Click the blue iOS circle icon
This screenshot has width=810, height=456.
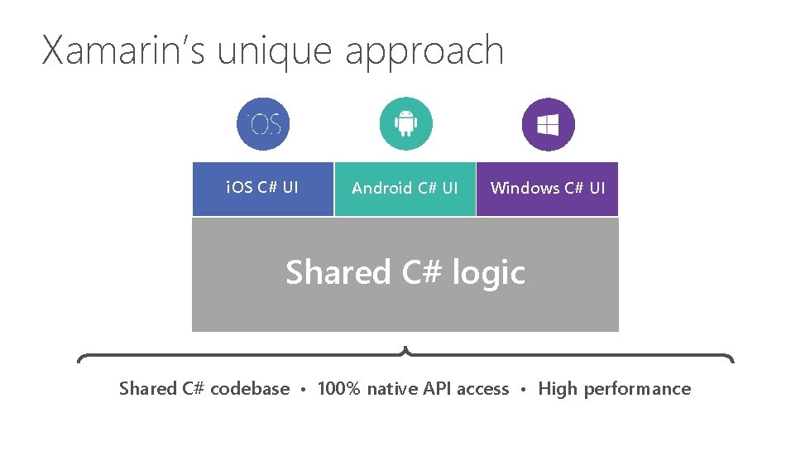pos(263,124)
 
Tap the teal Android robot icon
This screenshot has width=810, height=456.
pos(405,124)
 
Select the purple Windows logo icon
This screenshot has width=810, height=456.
pos(548,124)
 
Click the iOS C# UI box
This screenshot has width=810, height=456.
pos(262,188)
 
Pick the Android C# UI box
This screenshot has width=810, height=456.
pos(405,189)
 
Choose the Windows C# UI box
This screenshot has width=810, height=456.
pos(547,189)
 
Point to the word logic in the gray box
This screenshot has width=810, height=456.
pos(489,273)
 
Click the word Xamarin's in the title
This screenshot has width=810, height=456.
pos(124,50)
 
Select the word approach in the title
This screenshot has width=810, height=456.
pos(424,52)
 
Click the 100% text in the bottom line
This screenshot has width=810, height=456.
pos(339,389)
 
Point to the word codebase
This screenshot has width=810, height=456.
pos(250,389)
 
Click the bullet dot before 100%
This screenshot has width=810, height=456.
pos(304,390)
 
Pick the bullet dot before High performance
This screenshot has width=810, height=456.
pos(524,390)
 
